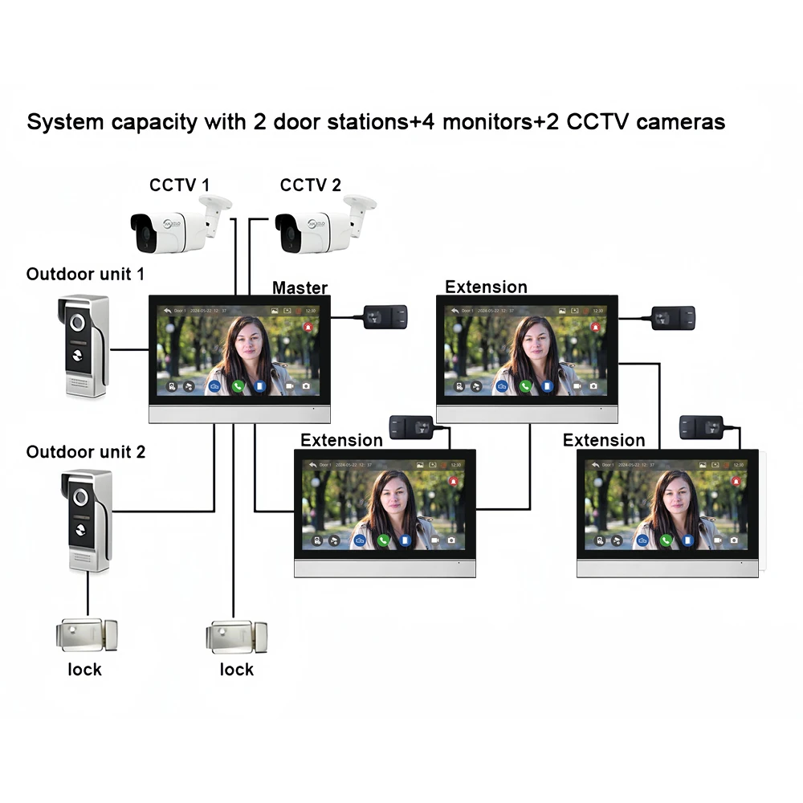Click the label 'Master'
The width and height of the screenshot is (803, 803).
300,287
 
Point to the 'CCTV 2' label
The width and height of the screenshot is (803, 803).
310,185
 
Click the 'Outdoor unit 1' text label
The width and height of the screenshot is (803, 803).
85,274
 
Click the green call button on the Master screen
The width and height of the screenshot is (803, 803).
238,386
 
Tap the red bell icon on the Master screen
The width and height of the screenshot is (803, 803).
308,328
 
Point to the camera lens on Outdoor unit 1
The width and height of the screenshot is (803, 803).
79,320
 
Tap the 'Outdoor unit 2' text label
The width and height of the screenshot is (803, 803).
86,452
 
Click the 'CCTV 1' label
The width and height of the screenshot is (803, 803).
179,185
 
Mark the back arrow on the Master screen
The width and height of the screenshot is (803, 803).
168,310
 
